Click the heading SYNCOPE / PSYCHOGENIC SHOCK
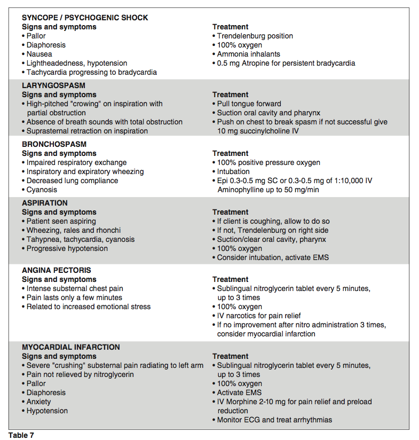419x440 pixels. click(85, 18)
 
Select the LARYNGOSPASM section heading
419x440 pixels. click(53, 85)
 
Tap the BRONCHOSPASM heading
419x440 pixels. click(54, 144)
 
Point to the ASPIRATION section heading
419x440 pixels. click(45, 203)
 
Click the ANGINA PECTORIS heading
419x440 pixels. click(57, 270)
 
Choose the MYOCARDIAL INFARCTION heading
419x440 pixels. click(71, 347)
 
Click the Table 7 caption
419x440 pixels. click(21, 435)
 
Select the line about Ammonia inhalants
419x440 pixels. click(248, 54)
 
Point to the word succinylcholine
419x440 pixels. click(264, 131)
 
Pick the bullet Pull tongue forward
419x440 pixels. click(249, 104)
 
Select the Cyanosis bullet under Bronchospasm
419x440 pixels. click(42, 190)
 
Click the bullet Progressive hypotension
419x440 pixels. click(67, 248)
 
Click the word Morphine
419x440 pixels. click(241, 402)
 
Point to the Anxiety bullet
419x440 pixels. click(38, 402)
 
